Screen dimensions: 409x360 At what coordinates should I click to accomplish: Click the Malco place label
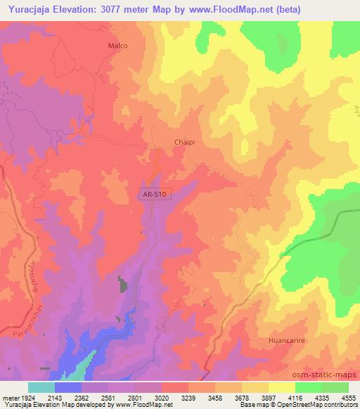pyautogui.click(x=117, y=45)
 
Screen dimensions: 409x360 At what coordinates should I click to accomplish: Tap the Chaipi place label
pyautogui.click(x=184, y=142)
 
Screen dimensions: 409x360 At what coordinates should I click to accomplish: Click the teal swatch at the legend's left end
pyautogui.click(x=41, y=387)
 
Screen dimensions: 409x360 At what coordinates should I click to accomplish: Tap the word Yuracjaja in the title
pyautogui.click(x=25, y=9)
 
